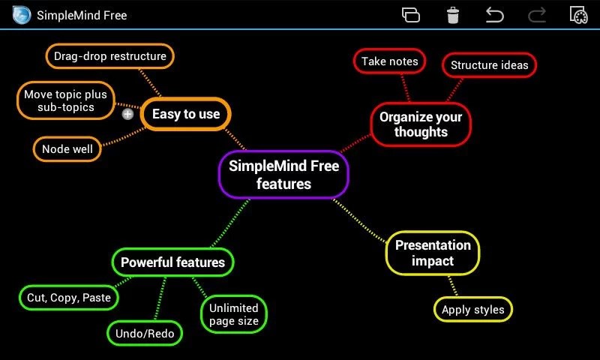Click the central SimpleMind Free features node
[x=283, y=174]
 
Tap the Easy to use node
[x=185, y=114]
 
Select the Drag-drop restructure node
[x=109, y=56]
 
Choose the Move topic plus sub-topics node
[x=66, y=100]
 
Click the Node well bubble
[x=67, y=148]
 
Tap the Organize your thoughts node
[x=421, y=124]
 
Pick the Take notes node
[x=389, y=61]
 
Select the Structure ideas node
[x=489, y=65]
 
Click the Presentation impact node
[x=433, y=253]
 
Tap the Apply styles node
[x=472, y=310]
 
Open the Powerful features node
[x=172, y=262]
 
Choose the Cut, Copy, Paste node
[x=69, y=298]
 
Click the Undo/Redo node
[x=145, y=333]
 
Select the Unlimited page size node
[x=234, y=314]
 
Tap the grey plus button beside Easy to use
[x=127, y=115]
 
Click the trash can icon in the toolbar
[x=453, y=15]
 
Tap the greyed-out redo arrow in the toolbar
[x=537, y=15]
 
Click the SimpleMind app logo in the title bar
[x=22, y=15]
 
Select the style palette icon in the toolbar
[x=577, y=15]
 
